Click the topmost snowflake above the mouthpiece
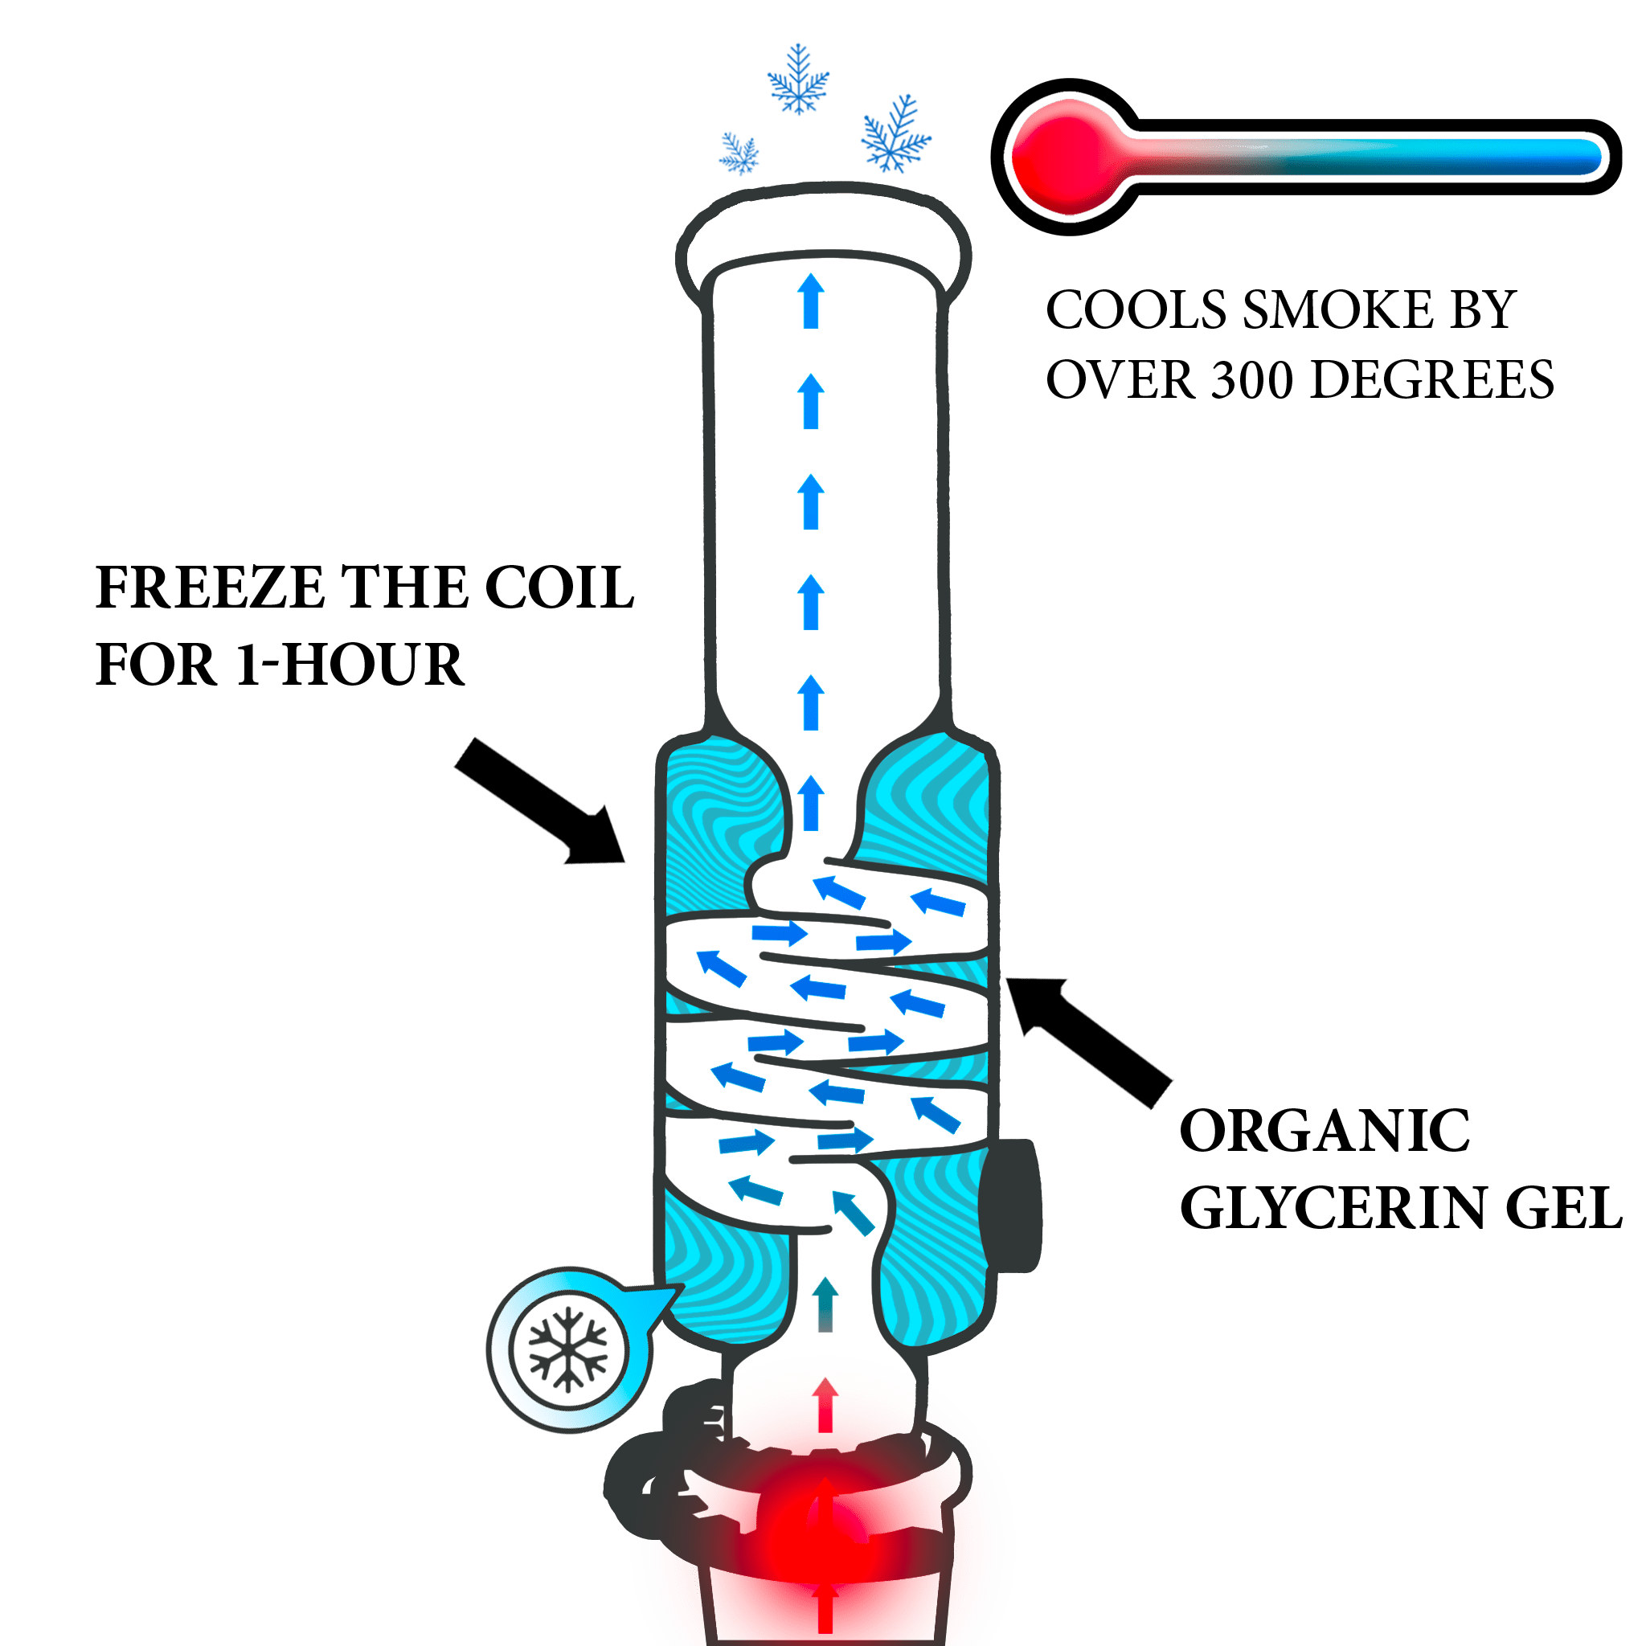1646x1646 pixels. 798,80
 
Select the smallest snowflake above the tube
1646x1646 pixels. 739,154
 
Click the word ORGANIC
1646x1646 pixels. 1325,1131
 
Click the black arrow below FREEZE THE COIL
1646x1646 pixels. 540,801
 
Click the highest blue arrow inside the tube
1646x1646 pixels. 811,300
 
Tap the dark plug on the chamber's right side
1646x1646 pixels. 1011,1206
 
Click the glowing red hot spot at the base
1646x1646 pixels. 823,1533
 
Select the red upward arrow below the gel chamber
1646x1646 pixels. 824,1404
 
